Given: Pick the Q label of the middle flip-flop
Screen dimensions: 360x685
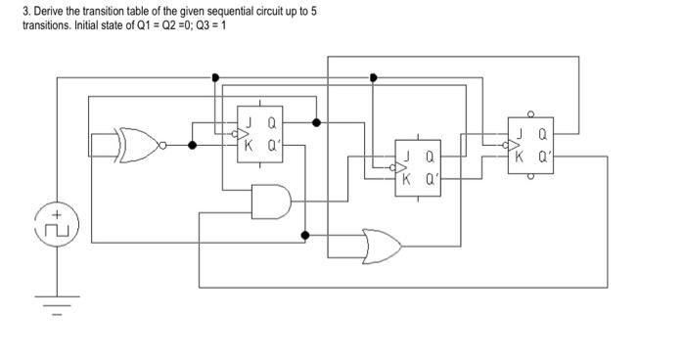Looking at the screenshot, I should pos(429,156).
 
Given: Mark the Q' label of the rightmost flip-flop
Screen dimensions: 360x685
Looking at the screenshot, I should pos(545,156).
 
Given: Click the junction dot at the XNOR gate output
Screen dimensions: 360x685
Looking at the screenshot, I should pos(192,145).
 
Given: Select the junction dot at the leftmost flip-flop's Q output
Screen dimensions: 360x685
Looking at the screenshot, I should pos(315,123).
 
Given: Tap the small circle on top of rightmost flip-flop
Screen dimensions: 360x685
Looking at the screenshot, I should pos(530,112).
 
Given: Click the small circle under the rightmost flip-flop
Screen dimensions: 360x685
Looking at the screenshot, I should pos(530,178).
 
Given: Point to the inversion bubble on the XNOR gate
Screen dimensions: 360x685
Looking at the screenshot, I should pos(164,145).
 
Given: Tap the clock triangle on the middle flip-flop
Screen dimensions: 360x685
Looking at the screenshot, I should pos(398,165).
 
